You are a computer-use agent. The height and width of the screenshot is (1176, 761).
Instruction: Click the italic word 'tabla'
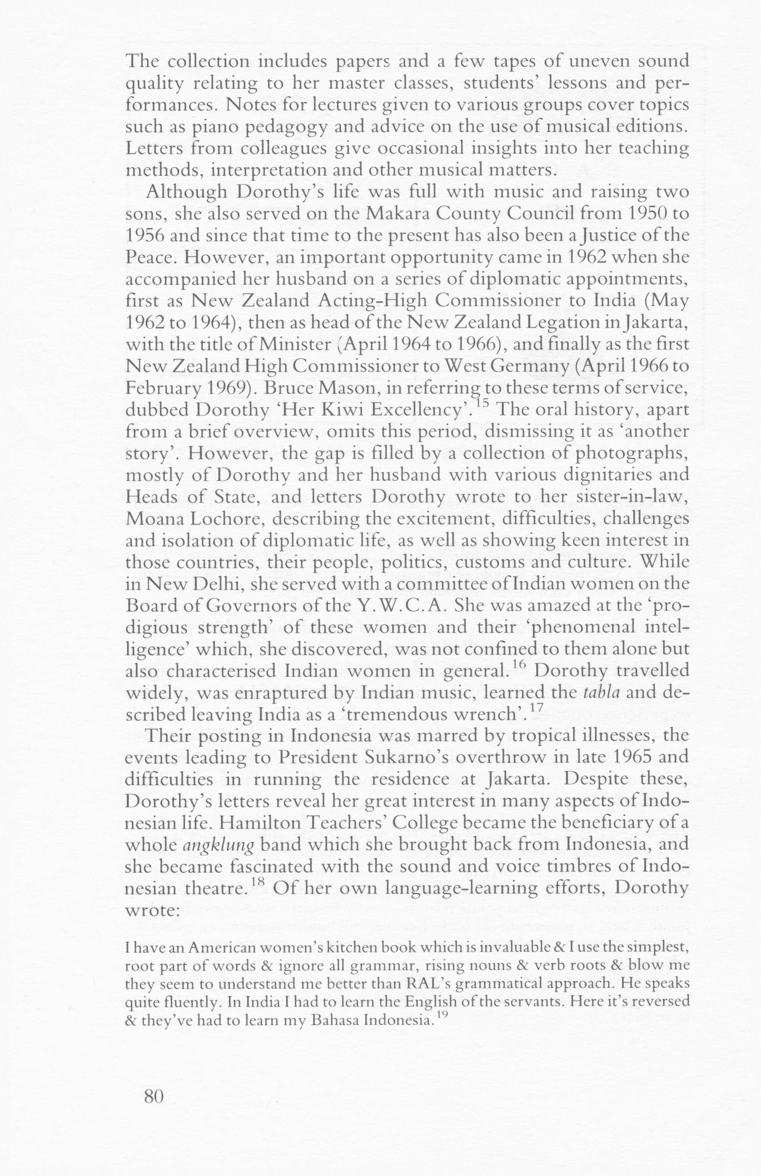601,692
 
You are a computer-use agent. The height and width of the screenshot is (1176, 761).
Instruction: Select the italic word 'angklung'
218,845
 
